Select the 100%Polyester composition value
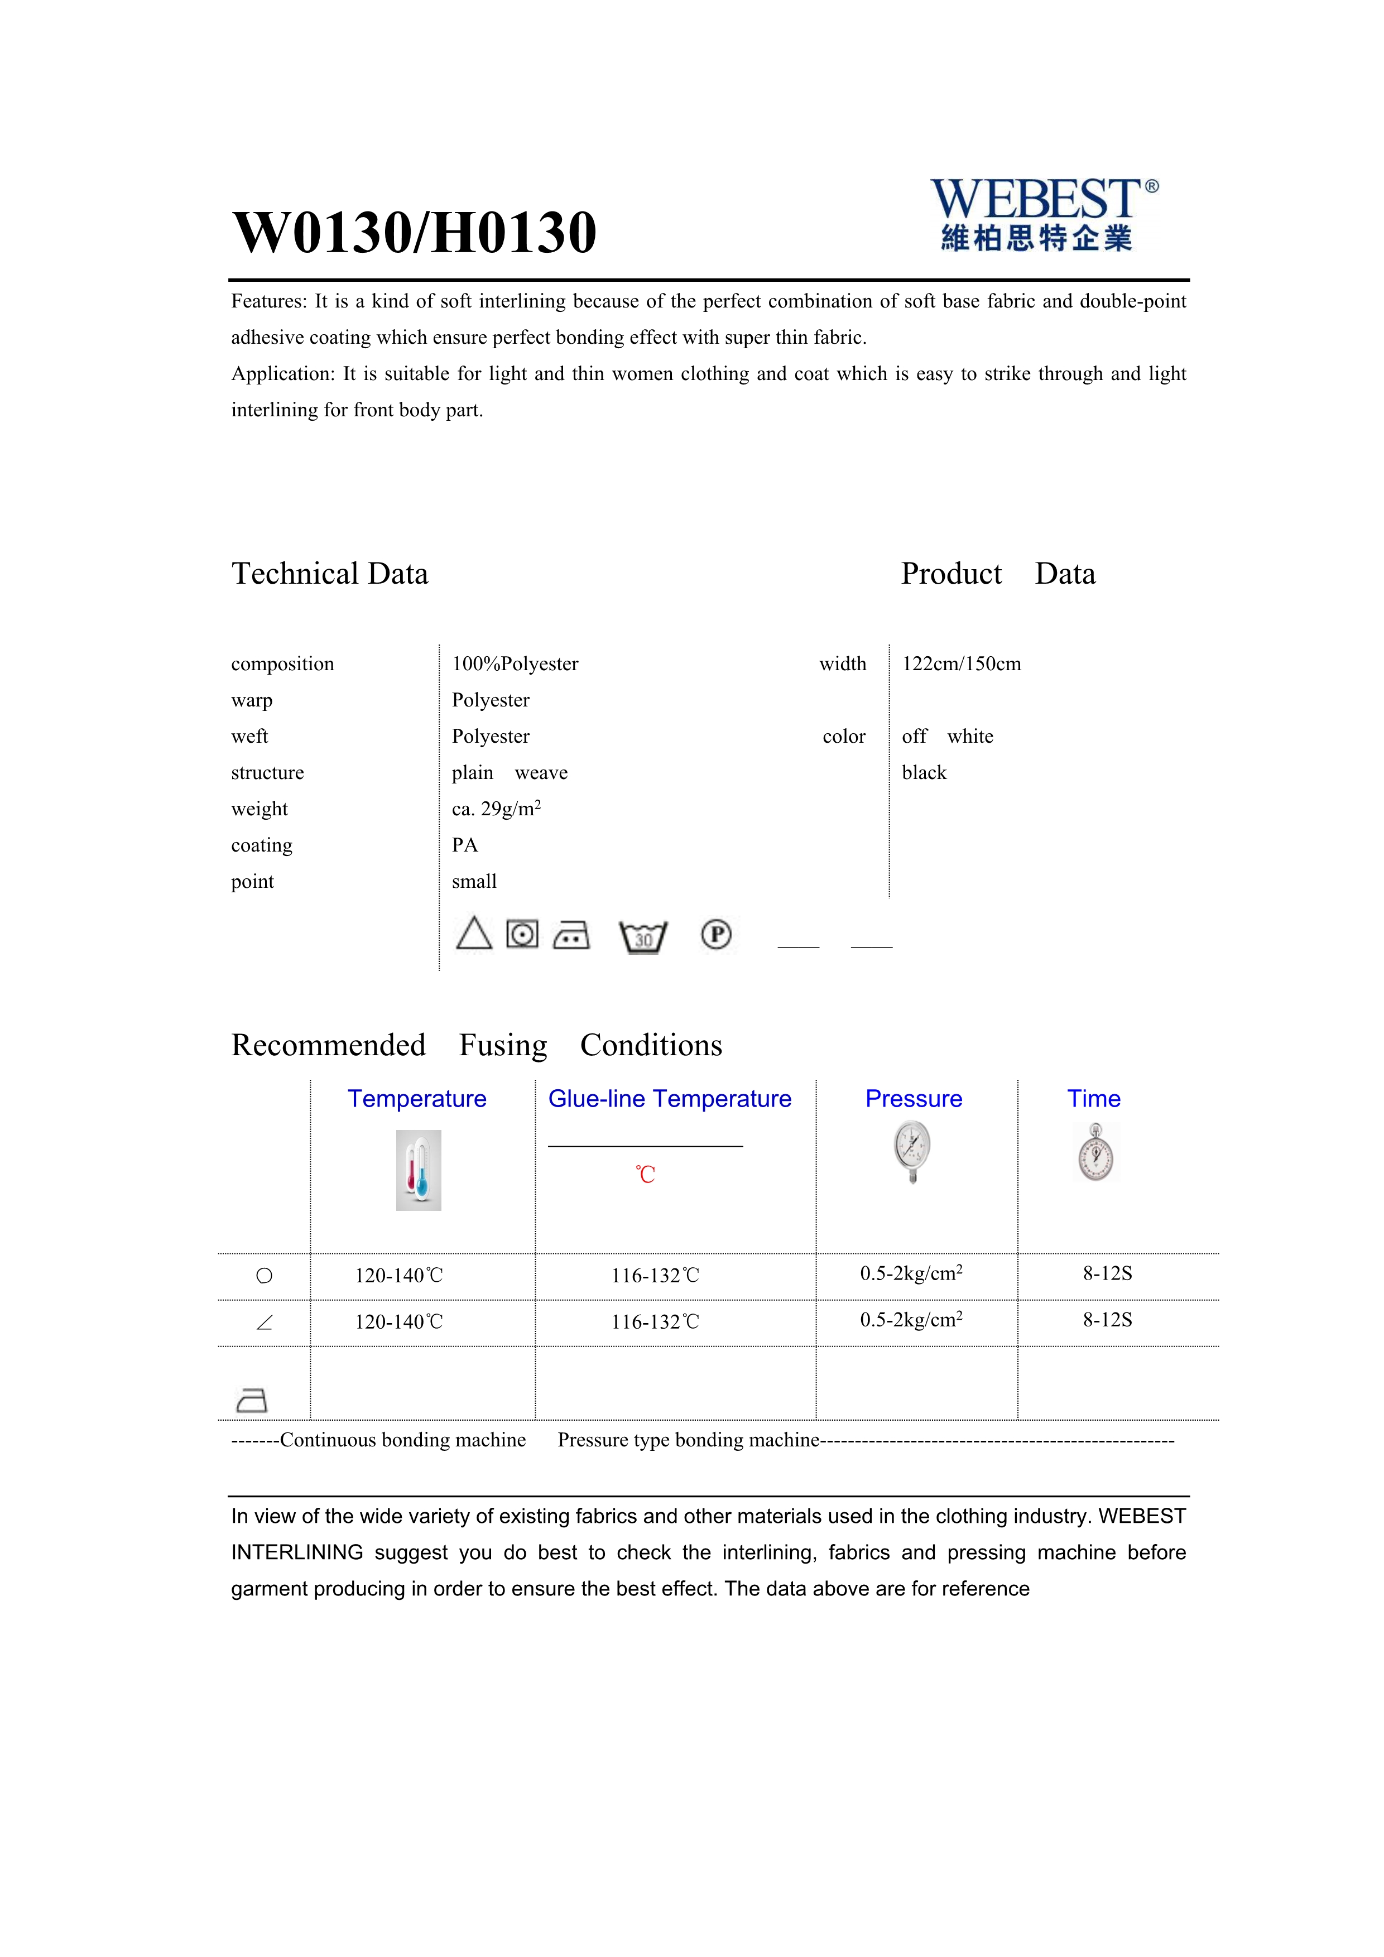pyautogui.click(x=515, y=664)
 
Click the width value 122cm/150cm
pyautogui.click(x=962, y=664)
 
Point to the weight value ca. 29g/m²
pyautogui.click(x=496, y=809)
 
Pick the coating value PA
pyautogui.click(x=464, y=845)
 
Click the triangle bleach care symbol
pyautogui.click(x=474, y=934)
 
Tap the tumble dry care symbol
pyautogui.click(x=522, y=934)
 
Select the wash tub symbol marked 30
pyautogui.click(x=643, y=937)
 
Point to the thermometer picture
pyautogui.click(x=419, y=1170)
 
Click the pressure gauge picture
pyautogui.click(x=913, y=1152)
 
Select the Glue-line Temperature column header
pyautogui.click(x=670, y=1099)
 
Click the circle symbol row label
pyautogui.click(x=264, y=1276)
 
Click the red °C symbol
pyautogui.click(x=645, y=1175)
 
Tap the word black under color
pyautogui.click(x=924, y=773)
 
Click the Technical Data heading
pyautogui.click(x=330, y=574)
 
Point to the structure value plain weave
pyautogui.click(x=510, y=773)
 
